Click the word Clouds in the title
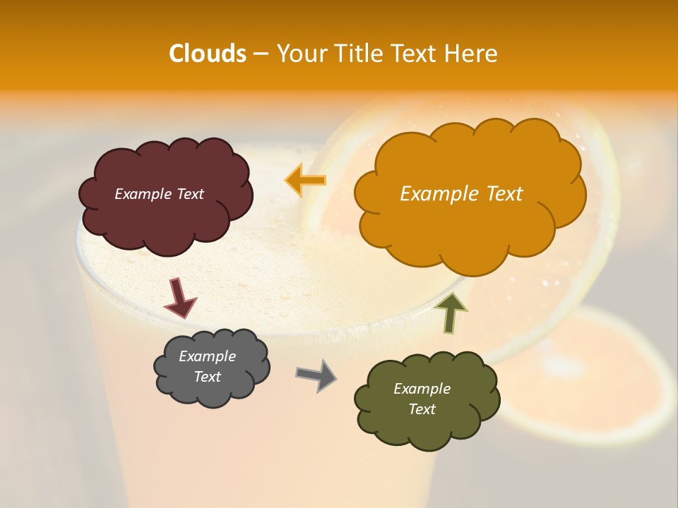pos(208,54)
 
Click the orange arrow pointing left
pos(305,180)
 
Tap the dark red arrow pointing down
pos(180,298)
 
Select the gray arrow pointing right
pos(316,375)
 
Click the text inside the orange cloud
pos(461,194)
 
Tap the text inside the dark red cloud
pos(159,194)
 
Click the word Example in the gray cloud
pos(207,356)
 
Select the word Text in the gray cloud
pos(207,377)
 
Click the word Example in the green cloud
pos(422,389)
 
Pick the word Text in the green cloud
pos(422,409)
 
